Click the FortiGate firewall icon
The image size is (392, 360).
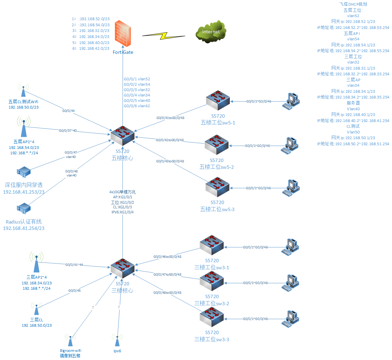[x=122, y=34]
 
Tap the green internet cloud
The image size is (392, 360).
[x=211, y=32]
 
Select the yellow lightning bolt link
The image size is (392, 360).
[x=164, y=36]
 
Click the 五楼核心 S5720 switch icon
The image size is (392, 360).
[x=122, y=136]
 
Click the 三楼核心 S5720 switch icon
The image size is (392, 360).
[x=122, y=268]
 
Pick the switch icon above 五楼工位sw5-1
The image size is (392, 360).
[x=218, y=100]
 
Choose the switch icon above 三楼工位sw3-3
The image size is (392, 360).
[x=212, y=317]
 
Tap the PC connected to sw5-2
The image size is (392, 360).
[x=290, y=146]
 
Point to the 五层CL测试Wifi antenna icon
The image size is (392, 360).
[x=23, y=91]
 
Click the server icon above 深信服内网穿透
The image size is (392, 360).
[x=24, y=172]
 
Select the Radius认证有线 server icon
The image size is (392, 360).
[x=24, y=208]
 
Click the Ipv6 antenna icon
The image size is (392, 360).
[x=117, y=340]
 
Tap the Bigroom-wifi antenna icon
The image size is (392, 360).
[x=70, y=340]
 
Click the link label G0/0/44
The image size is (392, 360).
[x=68, y=111]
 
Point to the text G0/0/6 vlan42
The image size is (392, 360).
[x=137, y=106]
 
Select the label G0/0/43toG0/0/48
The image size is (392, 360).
[x=170, y=161]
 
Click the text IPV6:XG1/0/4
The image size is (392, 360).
[x=122, y=212]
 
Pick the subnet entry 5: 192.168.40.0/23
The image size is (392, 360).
[x=91, y=43]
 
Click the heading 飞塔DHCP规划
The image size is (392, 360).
[x=353, y=4]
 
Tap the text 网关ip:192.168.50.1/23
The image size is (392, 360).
[x=353, y=138]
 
